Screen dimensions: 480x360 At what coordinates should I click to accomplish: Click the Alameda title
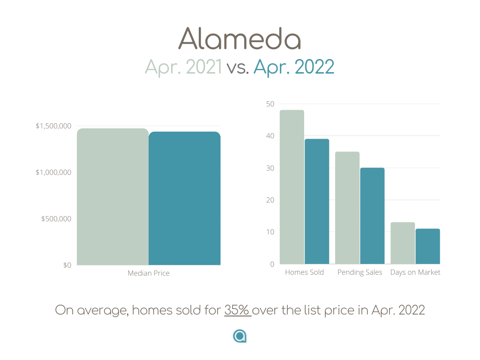pyautogui.click(x=240, y=38)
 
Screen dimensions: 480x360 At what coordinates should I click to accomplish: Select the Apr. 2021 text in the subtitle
pyautogui.click(x=183, y=67)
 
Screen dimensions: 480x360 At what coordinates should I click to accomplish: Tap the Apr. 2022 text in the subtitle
pyautogui.click(x=294, y=67)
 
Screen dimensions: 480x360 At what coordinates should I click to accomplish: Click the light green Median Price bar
pyautogui.click(x=112, y=197)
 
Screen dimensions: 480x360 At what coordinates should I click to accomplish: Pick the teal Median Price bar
pyautogui.click(x=185, y=198)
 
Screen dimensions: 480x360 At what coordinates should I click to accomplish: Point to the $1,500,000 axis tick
pyautogui.click(x=53, y=126)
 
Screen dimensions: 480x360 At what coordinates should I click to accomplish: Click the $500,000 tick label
pyautogui.click(x=56, y=218)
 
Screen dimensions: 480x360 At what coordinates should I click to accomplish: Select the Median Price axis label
pyautogui.click(x=149, y=273)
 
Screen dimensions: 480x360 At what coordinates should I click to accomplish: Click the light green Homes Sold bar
pyautogui.click(x=292, y=187)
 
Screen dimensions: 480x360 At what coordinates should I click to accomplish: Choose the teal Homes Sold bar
pyautogui.click(x=317, y=202)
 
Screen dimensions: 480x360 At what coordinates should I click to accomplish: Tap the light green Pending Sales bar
pyautogui.click(x=347, y=208)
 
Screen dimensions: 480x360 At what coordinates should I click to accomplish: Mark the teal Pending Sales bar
pyautogui.click(x=372, y=216)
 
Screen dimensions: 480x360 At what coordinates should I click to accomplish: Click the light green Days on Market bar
pyautogui.click(x=403, y=243)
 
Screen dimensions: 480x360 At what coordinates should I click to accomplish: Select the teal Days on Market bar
pyautogui.click(x=427, y=246)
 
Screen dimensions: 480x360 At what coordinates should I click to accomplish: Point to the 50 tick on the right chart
pyautogui.click(x=270, y=104)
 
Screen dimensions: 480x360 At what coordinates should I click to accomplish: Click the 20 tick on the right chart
pyautogui.click(x=270, y=200)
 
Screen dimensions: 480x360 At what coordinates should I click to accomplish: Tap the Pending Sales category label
pyautogui.click(x=360, y=272)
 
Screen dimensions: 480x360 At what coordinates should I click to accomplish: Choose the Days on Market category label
pyautogui.click(x=415, y=272)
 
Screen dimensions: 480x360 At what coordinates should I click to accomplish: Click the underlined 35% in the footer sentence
pyautogui.click(x=237, y=310)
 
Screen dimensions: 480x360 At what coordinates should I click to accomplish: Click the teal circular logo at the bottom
pyautogui.click(x=240, y=336)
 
